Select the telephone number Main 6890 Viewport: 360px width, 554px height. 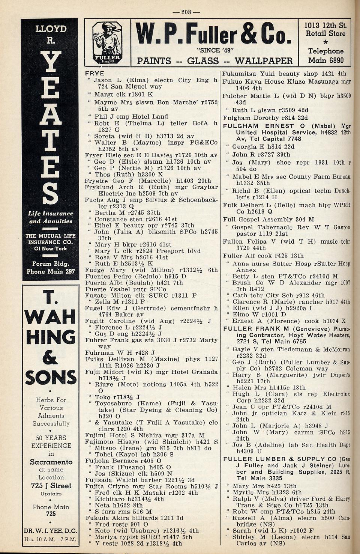click(325, 60)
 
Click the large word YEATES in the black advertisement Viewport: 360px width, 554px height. click(50, 128)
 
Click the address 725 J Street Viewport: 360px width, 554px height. click(51, 486)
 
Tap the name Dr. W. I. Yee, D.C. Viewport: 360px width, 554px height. click(51, 531)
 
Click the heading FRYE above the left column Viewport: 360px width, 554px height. click(94, 73)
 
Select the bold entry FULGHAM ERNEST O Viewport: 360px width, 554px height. click(264, 126)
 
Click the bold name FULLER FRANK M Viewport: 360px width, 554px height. click(261, 329)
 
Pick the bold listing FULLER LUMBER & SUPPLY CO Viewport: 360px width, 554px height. click(280, 459)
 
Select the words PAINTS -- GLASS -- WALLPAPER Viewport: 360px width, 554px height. click(214, 61)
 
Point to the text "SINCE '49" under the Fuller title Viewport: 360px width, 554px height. click(214, 50)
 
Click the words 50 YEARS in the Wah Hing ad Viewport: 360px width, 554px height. click(51, 438)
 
